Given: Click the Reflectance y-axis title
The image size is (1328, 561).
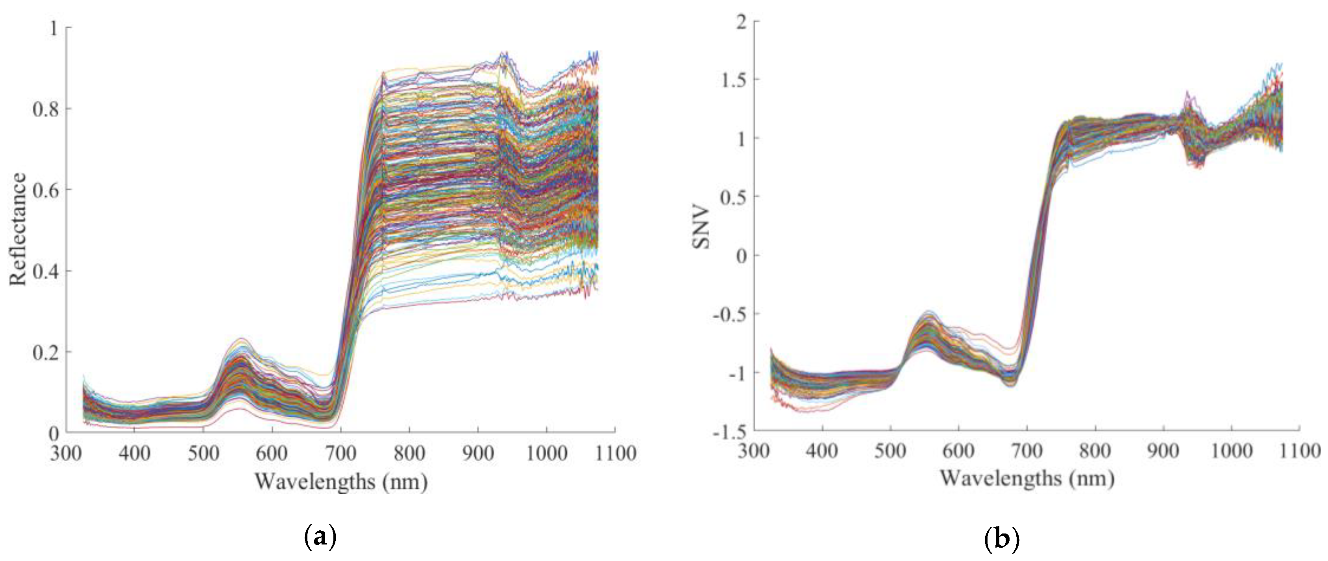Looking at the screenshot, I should click(18, 229).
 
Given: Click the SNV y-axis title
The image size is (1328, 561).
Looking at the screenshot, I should click(702, 228).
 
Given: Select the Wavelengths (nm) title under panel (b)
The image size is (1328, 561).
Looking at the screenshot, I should click(1027, 478).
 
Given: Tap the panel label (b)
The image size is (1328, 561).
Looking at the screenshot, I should click(1002, 538).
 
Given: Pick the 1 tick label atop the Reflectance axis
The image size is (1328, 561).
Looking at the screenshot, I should click(54, 28).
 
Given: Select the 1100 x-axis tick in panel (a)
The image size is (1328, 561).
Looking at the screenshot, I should click(614, 453).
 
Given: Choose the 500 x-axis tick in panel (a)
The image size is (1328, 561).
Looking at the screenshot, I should click(203, 453).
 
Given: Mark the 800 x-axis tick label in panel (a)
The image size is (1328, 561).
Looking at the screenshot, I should click(409, 453).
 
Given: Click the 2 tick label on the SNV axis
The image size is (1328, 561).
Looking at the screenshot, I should click(741, 22).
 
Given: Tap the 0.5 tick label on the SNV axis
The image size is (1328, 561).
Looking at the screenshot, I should click(733, 197).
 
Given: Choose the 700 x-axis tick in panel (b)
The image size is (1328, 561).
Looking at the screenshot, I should click(1027, 451).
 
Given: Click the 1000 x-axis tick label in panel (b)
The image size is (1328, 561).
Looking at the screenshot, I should click(1231, 451).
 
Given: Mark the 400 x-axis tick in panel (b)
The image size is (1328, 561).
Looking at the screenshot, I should click(822, 451).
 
